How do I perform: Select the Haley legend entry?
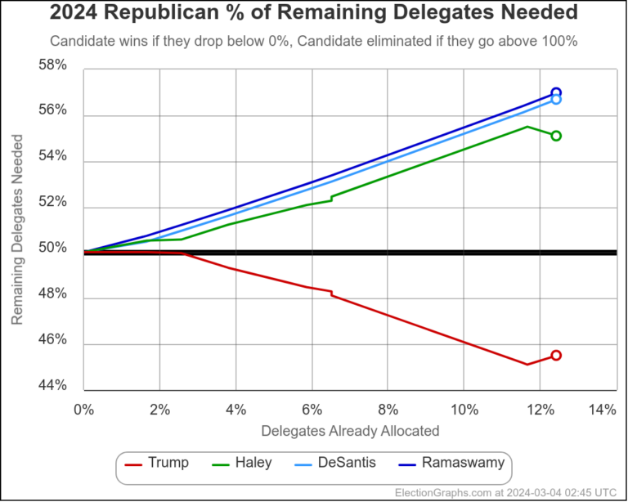point(244,463)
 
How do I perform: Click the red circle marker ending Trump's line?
point(556,355)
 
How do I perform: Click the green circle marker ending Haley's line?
point(556,136)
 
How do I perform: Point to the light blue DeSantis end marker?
point(556,100)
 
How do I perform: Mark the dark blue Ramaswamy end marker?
point(556,92)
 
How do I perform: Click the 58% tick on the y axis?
point(54,65)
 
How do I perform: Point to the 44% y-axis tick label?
point(54,386)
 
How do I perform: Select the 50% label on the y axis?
point(54,249)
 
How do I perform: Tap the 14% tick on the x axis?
point(601,410)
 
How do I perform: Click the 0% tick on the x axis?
point(83,410)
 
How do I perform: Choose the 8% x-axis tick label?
point(388,410)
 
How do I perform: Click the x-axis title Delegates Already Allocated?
point(350,430)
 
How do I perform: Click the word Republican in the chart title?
point(160,13)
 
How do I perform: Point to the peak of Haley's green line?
point(527,127)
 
